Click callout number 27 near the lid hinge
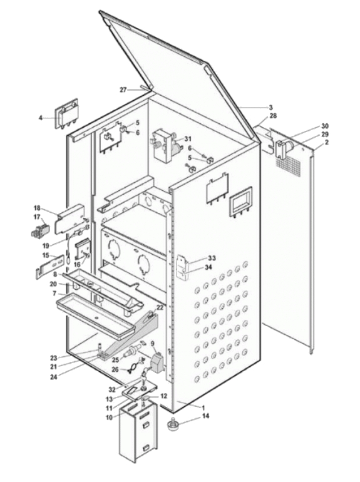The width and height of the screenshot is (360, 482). [123, 90]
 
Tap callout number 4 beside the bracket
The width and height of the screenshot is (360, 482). [41, 118]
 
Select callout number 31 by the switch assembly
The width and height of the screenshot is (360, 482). [188, 139]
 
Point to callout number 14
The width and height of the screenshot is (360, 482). [206, 416]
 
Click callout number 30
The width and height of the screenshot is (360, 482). [325, 126]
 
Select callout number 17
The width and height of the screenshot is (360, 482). [37, 217]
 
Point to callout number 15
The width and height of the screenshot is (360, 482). [46, 255]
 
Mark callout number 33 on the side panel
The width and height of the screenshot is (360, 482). [212, 258]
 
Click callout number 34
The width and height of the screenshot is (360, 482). [208, 267]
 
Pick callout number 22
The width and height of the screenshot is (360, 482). [160, 307]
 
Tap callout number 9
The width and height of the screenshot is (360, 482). [153, 343]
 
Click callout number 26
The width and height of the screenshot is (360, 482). [115, 369]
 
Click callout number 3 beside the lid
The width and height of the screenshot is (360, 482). [271, 107]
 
